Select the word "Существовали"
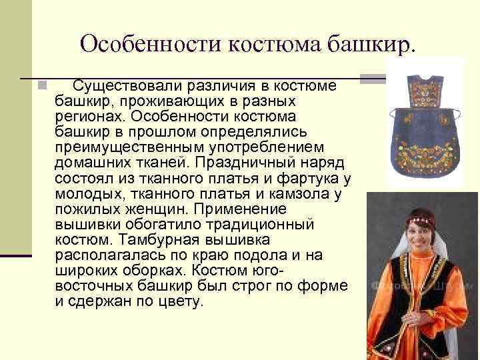click(x=119, y=87)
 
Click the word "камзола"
click(x=304, y=194)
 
